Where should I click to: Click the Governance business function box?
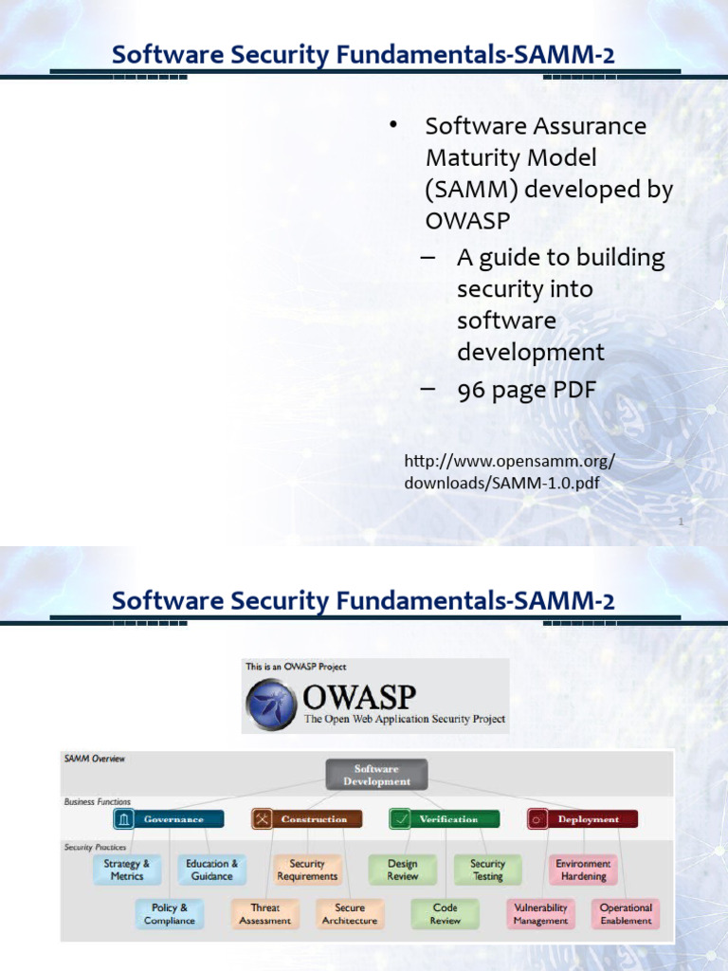(x=169, y=819)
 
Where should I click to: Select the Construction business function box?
(x=306, y=819)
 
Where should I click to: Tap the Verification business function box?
(x=446, y=819)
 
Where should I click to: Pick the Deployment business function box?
(x=583, y=819)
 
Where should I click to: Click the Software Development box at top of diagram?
(x=376, y=775)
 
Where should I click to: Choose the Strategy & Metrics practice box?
(x=127, y=870)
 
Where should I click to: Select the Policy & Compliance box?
(x=170, y=914)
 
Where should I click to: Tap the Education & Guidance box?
(x=211, y=870)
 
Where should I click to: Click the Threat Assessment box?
(x=264, y=914)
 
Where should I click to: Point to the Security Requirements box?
(x=307, y=870)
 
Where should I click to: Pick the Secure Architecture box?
(x=350, y=914)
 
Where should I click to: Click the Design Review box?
(x=403, y=870)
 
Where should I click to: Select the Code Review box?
(x=446, y=914)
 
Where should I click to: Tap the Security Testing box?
(x=487, y=870)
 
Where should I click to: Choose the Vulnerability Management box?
(x=540, y=914)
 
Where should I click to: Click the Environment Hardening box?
(x=583, y=870)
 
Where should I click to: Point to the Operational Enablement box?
(x=626, y=914)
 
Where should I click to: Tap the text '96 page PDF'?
(x=526, y=391)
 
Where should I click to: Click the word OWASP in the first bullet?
(x=467, y=221)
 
